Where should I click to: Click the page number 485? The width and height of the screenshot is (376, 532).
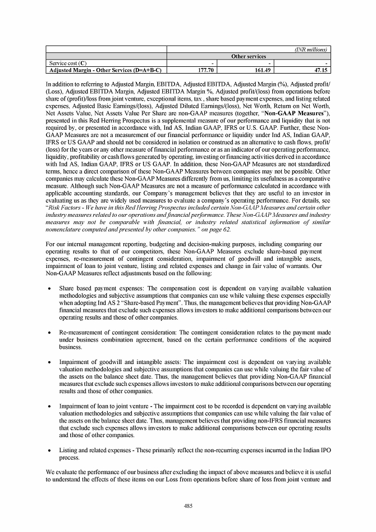click(188, 506)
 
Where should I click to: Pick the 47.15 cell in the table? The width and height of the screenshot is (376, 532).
click(322, 71)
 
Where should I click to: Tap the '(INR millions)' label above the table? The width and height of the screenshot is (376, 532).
click(311, 49)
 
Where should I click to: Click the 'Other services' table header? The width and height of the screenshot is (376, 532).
click(249, 56)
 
